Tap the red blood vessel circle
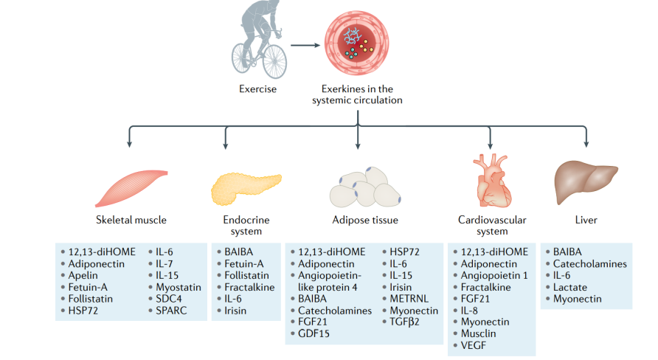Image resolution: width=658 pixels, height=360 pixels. click(358, 43)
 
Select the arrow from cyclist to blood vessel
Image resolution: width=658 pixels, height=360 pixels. click(305, 45)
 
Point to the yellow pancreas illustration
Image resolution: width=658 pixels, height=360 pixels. click(246, 187)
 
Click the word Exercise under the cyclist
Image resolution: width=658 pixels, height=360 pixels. click(257, 89)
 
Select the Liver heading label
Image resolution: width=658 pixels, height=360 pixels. click(586, 220)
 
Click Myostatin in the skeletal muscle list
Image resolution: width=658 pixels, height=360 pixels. click(178, 287)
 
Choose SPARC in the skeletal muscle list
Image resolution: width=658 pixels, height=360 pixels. click(173, 311)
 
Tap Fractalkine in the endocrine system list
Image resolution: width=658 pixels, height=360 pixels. click(249, 287)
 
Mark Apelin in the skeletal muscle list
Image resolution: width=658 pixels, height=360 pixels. click(86, 275)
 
